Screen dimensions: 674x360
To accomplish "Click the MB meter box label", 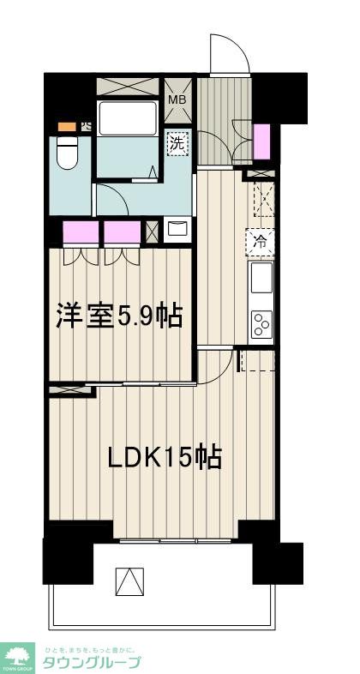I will [177, 99].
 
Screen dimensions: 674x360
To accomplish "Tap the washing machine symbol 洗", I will [177, 142].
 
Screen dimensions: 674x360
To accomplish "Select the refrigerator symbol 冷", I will [261, 243].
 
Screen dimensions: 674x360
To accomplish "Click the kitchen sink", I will [261, 278].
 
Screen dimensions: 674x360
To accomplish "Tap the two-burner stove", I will [261, 324].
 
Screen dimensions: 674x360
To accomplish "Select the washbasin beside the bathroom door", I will [178, 229].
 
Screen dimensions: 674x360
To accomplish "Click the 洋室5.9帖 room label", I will [118, 316].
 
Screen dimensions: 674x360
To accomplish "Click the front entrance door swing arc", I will [230, 51].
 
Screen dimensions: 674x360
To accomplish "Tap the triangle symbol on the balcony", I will [129, 583].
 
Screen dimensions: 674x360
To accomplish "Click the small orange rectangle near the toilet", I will [66, 126].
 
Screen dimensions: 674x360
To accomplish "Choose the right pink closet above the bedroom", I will [122, 233].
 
